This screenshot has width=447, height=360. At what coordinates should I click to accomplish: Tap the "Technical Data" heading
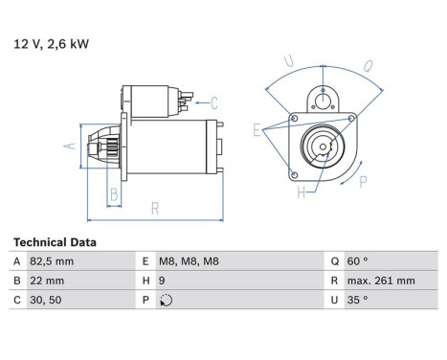55,242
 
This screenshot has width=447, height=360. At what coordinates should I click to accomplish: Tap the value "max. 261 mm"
380,281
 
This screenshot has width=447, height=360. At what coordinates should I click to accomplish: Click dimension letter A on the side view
68,146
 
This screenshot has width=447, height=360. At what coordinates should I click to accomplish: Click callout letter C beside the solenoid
214,102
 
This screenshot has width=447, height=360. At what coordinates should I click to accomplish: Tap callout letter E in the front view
257,127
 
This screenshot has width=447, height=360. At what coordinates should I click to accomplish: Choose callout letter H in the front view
300,192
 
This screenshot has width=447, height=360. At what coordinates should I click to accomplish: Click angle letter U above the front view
289,59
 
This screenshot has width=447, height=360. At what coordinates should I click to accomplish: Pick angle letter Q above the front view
369,67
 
